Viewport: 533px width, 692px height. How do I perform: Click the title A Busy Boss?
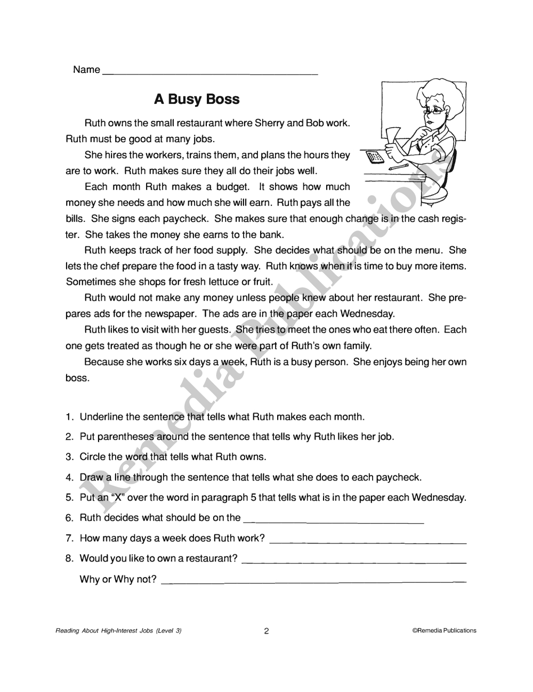coord(197,100)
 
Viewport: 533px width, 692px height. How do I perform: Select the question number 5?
coord(69,498)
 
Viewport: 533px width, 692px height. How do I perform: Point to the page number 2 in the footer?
coord(266,631)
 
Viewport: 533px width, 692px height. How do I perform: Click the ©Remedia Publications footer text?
coord(445,631)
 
